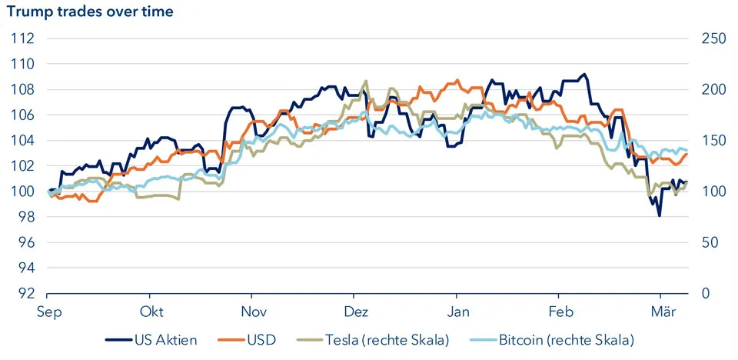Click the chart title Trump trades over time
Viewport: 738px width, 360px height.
click(x=90, y=12)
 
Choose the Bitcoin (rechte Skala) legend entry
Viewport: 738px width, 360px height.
click(x=566, y=338)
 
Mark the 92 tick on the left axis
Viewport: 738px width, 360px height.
click(x=24, y=294)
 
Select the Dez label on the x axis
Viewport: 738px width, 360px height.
click(x=355, y=312)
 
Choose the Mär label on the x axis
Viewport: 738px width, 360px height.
click(x=663, y=312)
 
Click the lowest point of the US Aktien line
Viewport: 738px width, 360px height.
click(x=660, y=216)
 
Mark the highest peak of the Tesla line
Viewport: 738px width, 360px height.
click(x=365, y=81)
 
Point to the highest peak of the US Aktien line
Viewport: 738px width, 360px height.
click(x=586, y=75)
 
